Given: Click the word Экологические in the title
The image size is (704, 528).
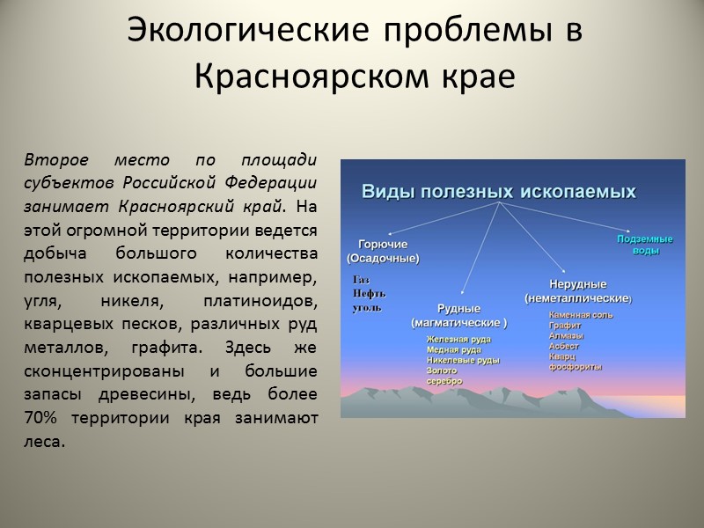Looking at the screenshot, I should [x=227, y=32].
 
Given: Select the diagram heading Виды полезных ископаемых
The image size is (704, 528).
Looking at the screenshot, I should [x=500, y=190].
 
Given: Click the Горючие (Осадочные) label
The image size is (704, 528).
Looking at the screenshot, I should [x=383, y=252].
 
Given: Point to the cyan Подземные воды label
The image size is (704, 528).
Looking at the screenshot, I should [x=645, y=245].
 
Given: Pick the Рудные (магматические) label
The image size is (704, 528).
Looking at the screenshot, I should [x=458, y=316].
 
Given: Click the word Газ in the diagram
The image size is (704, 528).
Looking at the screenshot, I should [x=360, y=280].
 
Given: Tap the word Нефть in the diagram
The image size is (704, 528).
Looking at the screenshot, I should [x=369, y=294].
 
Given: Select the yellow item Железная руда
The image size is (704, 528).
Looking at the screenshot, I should [x=458, y=339].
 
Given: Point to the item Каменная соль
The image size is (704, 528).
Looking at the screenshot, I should [x=581, y=314].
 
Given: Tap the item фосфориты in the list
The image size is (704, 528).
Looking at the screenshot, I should [x=576, y=367].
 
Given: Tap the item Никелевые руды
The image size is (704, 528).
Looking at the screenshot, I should [x=463, y=360].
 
